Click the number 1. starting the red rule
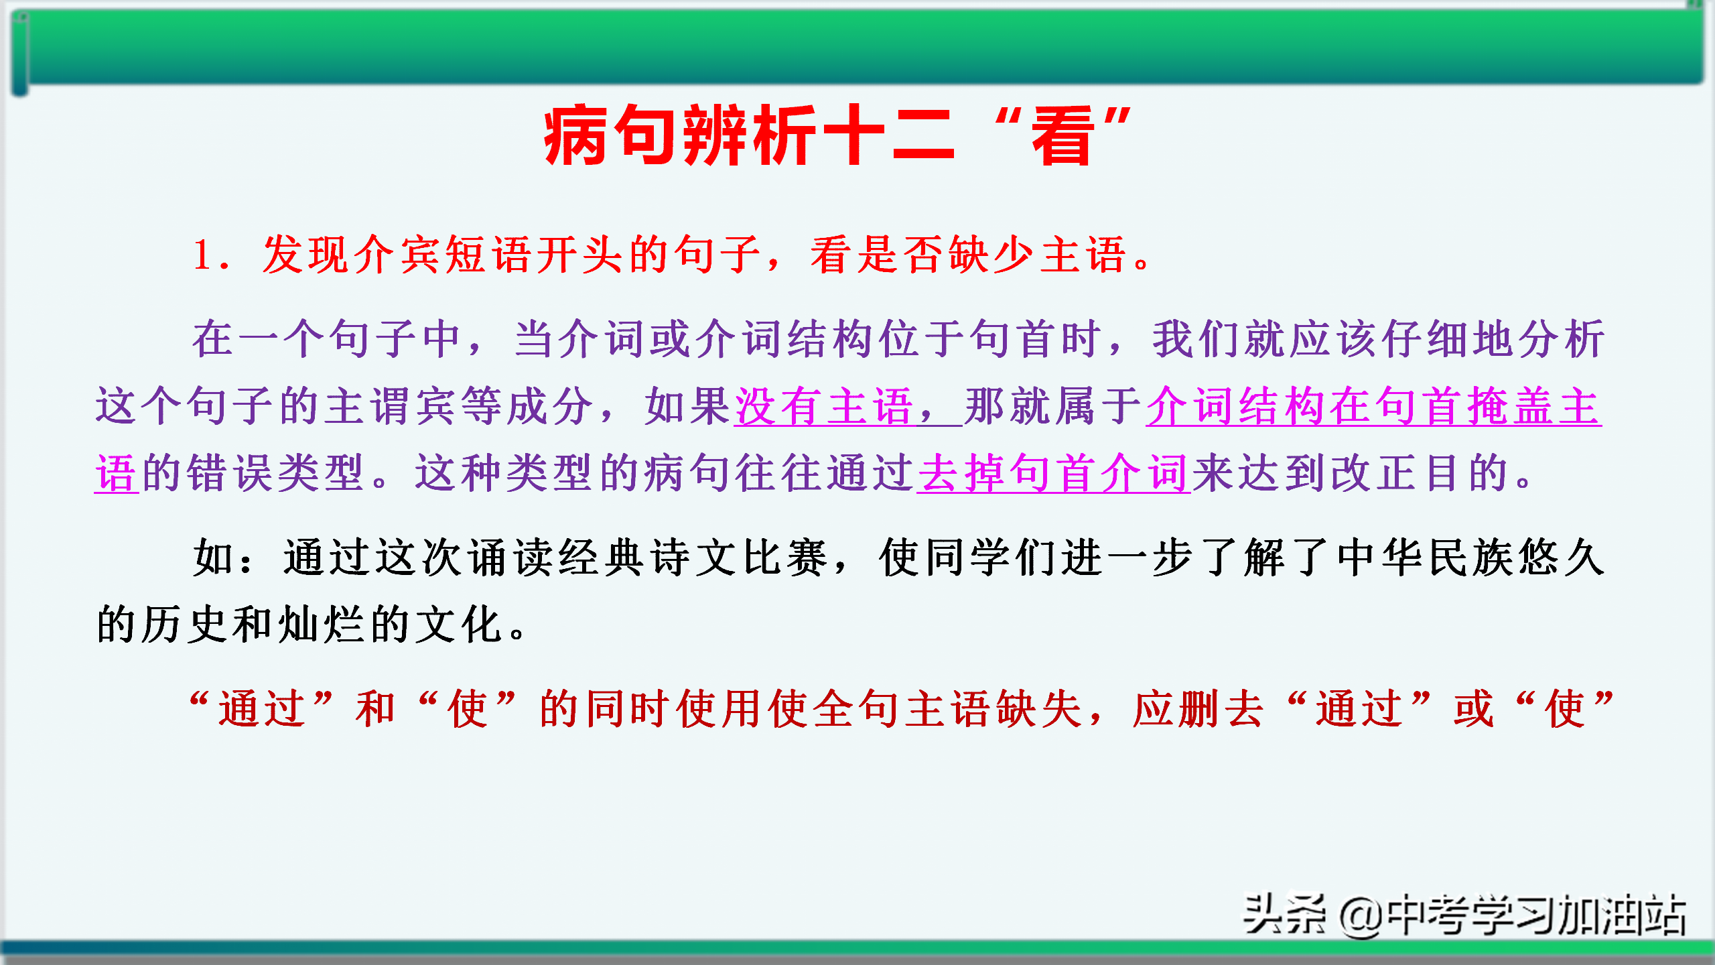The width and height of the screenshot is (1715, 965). point(212,255)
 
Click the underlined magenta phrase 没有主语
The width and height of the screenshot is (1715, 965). point(825,407)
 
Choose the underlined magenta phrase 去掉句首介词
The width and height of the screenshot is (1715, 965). point(1054,473)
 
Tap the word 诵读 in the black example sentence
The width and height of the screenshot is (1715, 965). point(510,558)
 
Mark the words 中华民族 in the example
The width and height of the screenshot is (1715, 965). point(1426,558)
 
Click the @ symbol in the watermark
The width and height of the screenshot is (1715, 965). point(1360,916)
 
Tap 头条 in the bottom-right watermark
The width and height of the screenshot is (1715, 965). point(1284,914)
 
